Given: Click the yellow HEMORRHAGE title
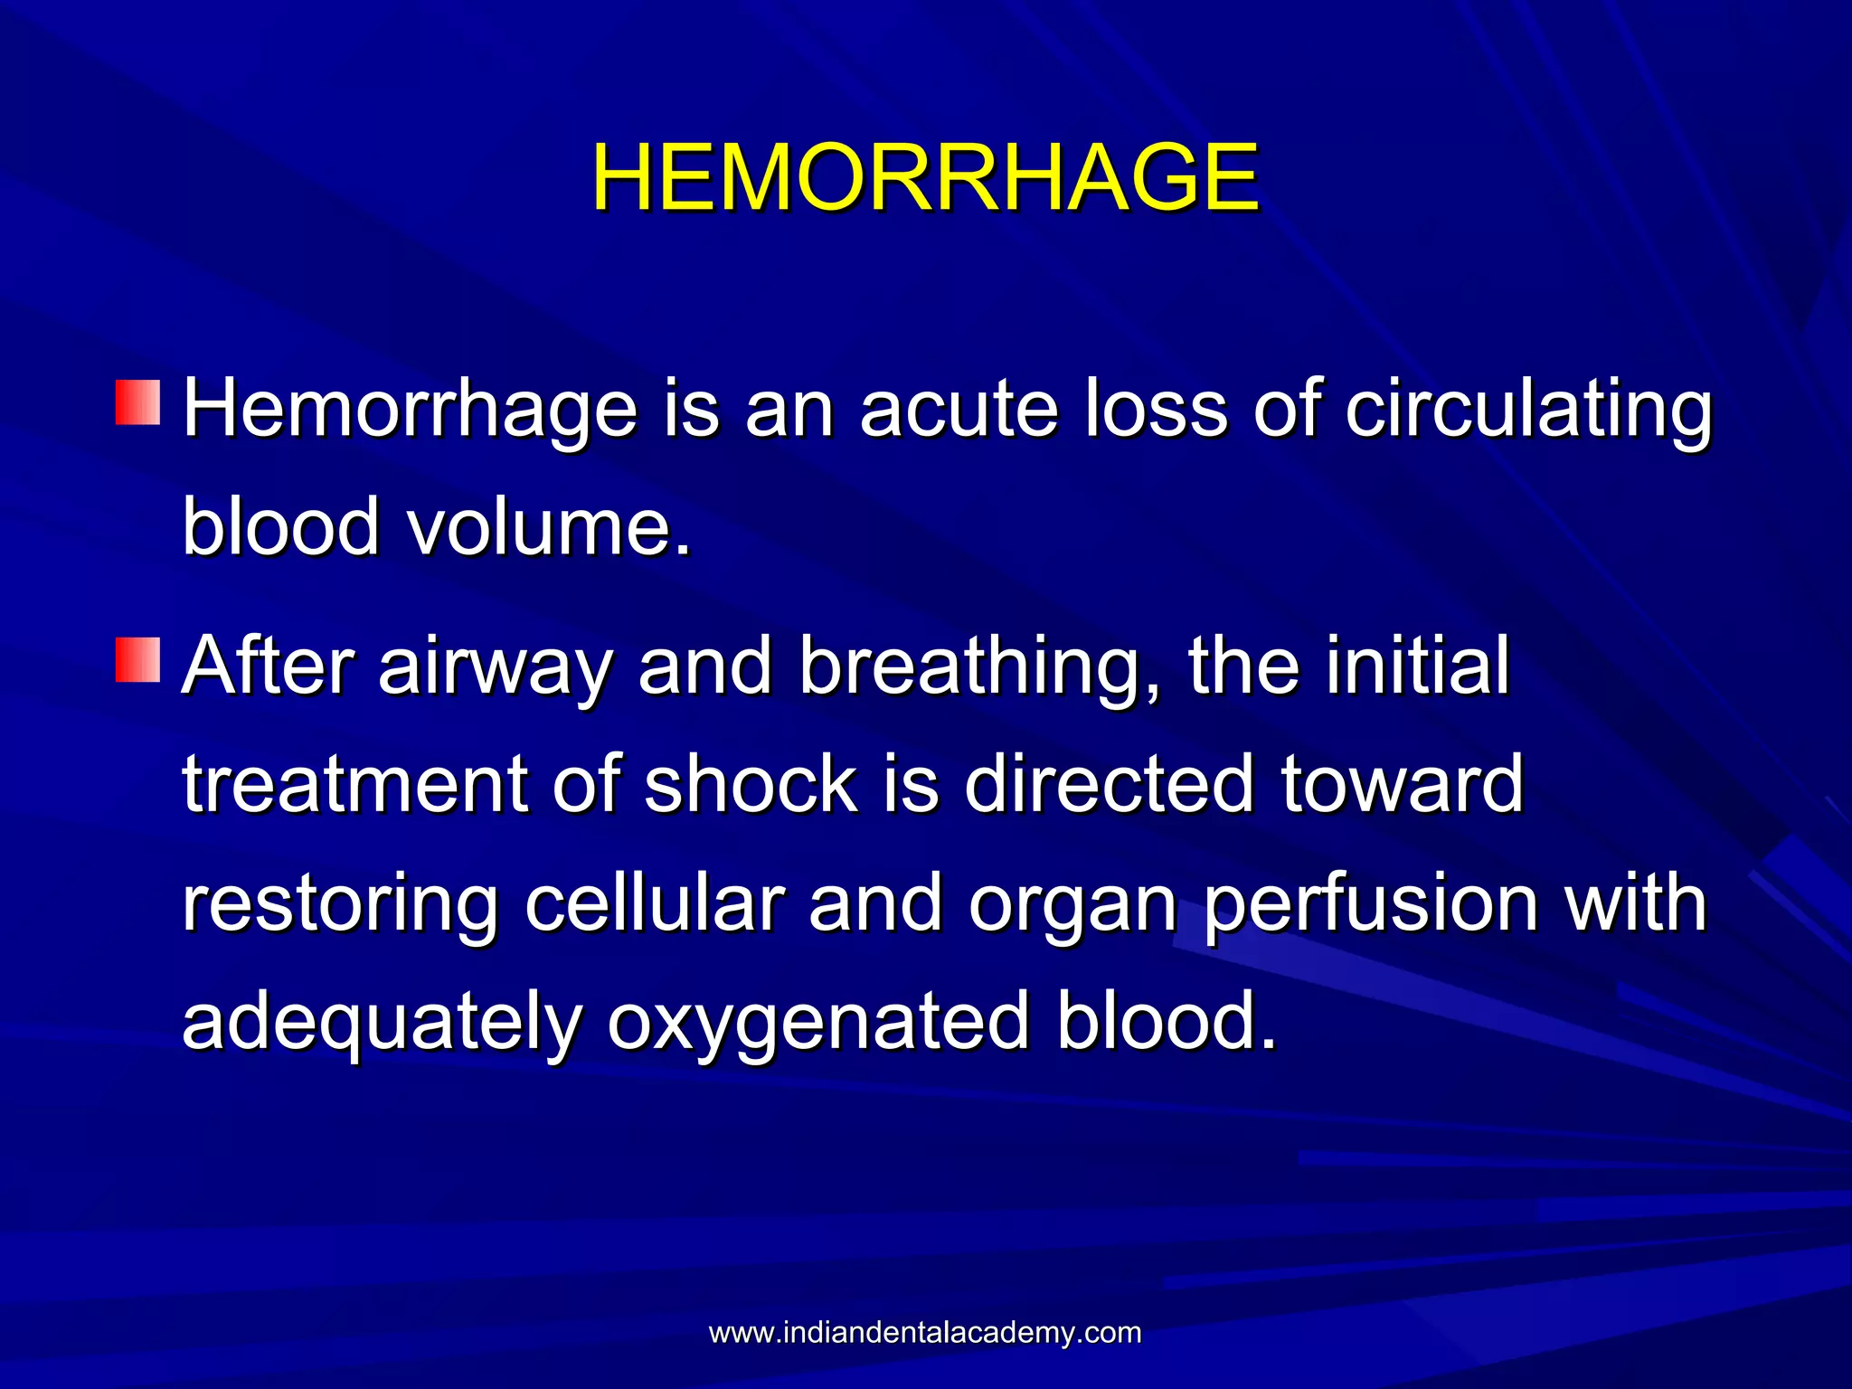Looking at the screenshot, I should tap(925, 178).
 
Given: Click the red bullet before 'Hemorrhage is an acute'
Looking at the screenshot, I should tap(137, 403).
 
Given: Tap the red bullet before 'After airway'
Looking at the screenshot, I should tap(137, 659).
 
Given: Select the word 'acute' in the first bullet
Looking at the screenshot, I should tap(959, 409).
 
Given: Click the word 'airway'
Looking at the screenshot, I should tap(496, 667).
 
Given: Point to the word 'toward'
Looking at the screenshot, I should tap(1403, 784).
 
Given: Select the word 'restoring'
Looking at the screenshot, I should tap(340, 904).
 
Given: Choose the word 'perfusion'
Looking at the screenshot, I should tap(1371, 904).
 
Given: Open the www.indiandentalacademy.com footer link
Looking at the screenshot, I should tap(925, 1333).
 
